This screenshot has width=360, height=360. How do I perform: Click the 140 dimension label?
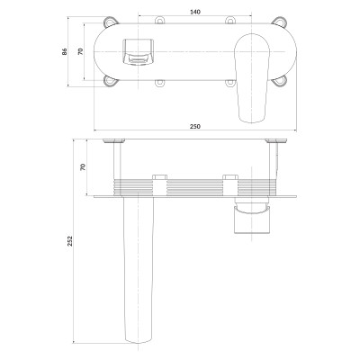coord(195,12)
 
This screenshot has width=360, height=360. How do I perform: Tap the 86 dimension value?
coord(65,51)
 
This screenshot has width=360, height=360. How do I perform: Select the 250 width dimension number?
coord(195,126)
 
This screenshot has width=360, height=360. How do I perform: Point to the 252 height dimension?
coord(69,241)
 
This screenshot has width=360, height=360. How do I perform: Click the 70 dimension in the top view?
coord(80,51)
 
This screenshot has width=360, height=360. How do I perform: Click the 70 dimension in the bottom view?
coord(83,166)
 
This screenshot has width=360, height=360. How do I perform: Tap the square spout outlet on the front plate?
coord(138,51)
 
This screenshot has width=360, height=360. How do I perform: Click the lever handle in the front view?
coord(252,78)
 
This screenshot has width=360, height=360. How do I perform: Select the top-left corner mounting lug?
coord(111,21)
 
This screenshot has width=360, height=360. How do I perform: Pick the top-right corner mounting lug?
coord(280,21)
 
